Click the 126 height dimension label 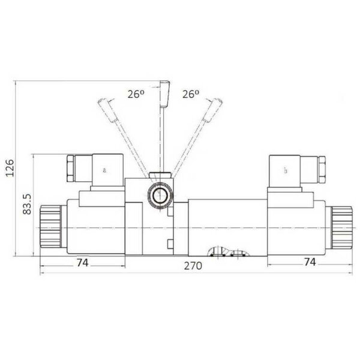tap(10, 168)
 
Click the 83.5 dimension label tap(27, 204)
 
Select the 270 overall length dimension tap(193, 266)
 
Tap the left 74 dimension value tap(82, 263)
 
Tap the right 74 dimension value tap(310, 262)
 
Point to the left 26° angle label tap(136, 94)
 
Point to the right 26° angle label tap(191, 94)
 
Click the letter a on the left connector tap(104, 170)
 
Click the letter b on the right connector tap(286, 170)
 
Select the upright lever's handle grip tap(165, 94)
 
